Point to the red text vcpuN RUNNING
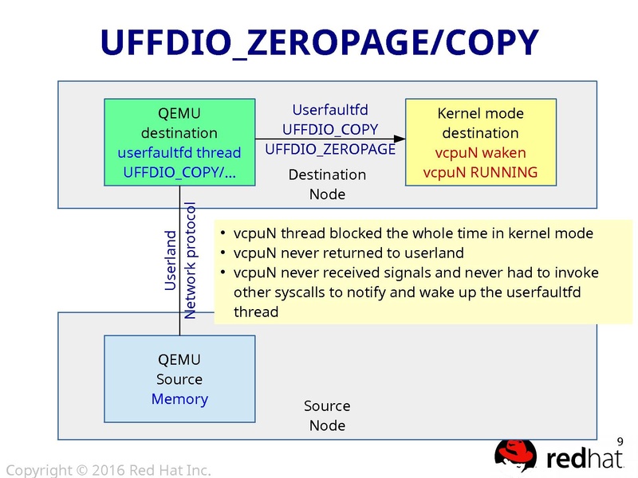pos(480,172)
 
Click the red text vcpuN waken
pos(480,152)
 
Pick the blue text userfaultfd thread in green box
pos(179,152)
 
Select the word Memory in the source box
pos(179,399)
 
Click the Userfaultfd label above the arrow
pos(330,110)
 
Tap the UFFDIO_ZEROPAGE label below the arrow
pos(330,149)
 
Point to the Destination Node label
pos(327,184)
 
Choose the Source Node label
pos(327,416)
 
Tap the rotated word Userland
pos(171,261)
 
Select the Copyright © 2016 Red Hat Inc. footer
pos(108,471)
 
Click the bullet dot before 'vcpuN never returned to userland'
pos(223,253)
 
